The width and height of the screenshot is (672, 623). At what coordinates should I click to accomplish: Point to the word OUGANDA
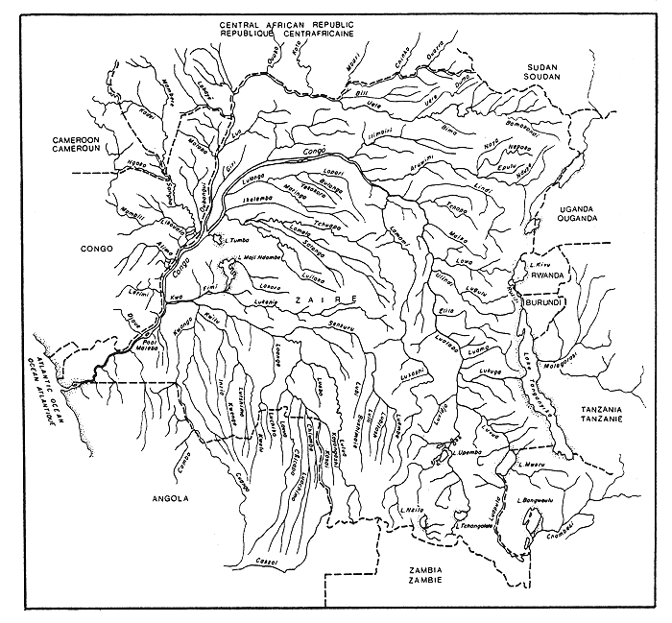pos(578,218)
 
